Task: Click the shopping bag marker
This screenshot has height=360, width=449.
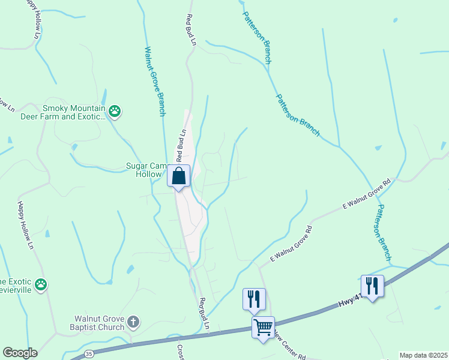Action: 178,176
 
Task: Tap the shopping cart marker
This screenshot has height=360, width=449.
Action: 263,328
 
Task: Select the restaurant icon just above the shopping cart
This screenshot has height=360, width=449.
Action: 253,298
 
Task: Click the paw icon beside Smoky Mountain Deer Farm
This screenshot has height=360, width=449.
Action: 115,110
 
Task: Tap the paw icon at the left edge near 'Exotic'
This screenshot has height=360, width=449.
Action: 41,283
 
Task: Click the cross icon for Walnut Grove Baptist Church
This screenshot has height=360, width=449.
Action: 133,323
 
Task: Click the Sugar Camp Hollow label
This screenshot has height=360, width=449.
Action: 143,170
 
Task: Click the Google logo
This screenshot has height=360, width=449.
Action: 20,353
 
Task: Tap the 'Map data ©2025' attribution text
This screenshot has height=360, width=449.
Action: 423,355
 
